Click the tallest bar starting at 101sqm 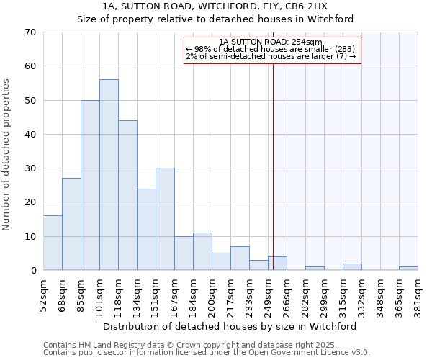109,175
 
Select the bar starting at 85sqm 90,185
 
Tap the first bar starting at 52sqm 53,243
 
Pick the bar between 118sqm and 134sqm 127,195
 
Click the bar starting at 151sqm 165,219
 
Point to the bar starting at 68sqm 71,224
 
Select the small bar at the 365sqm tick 408,269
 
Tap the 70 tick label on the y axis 30,32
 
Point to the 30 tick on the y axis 30,168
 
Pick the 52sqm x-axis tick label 43,294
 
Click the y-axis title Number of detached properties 7,151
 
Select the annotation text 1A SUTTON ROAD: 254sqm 272,42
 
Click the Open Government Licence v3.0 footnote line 207,353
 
